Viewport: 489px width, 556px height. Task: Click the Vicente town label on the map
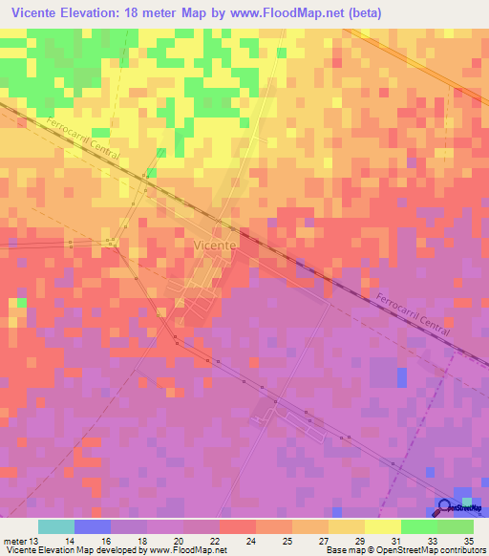[x=214, y=246]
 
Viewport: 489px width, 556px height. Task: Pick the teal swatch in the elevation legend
[x=56, y=526]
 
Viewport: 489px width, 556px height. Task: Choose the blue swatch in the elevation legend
[x=93, y=526]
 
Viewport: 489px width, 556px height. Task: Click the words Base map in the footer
[x=343, y=550]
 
